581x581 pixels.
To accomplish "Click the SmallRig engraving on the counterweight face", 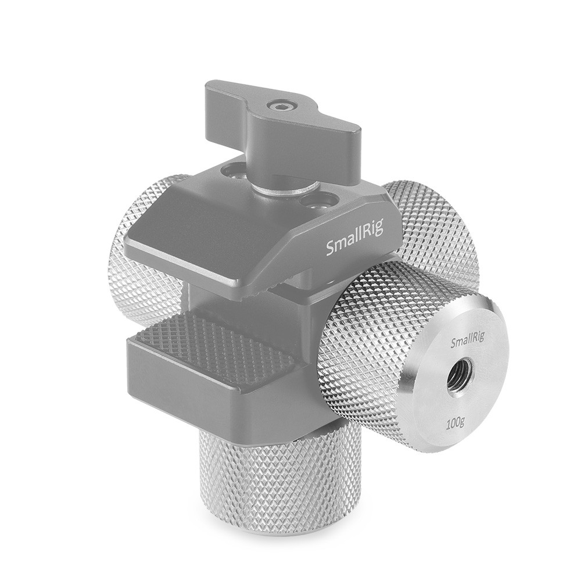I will coord(468,343).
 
